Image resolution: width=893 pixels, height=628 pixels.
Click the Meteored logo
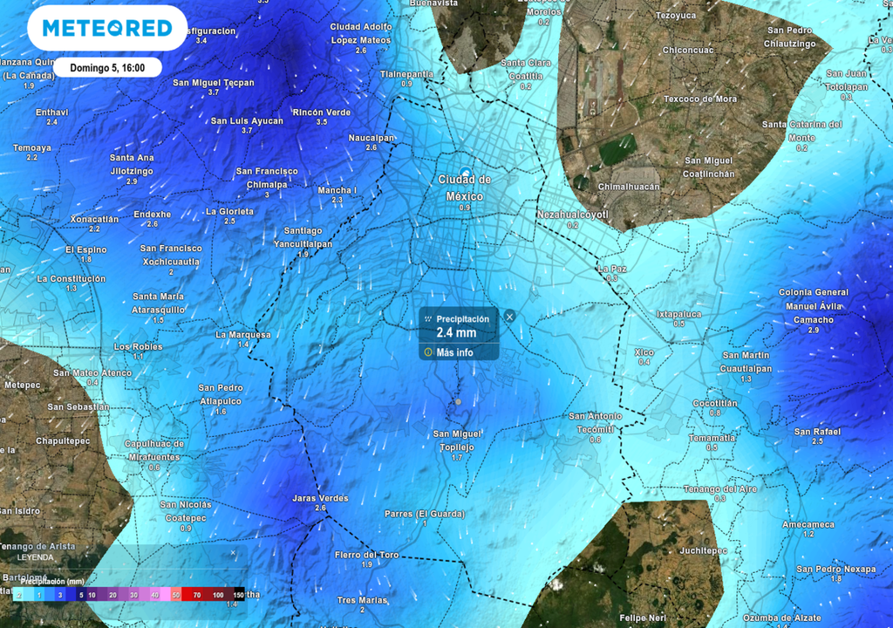[107, 28]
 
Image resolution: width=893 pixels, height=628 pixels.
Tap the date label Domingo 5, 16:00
[109, 67]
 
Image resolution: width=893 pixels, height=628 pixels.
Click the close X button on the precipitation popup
[510, 317]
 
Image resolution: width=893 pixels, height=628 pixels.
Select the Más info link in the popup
[454, 352]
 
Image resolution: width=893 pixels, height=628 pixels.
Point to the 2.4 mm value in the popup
[456, 332]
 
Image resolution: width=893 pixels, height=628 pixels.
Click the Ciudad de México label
[464, 188]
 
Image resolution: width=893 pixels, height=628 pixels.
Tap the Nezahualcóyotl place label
[572, 214]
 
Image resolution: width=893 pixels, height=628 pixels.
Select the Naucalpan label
[372, 138]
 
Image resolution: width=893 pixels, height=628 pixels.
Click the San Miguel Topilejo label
[457, 440]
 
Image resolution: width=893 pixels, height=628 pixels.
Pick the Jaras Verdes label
[320, 498]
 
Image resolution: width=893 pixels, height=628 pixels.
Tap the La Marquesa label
[243, 334]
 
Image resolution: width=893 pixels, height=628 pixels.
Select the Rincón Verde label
[322, 113]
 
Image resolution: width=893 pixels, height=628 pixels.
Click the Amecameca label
[808, 524]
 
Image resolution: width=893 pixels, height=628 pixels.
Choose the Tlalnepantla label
[406, 74]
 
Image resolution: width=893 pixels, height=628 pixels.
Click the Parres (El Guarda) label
[425, 514]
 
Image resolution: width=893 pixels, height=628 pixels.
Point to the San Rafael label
[817, 432]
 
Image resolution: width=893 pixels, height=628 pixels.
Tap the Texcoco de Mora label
[700, 99]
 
